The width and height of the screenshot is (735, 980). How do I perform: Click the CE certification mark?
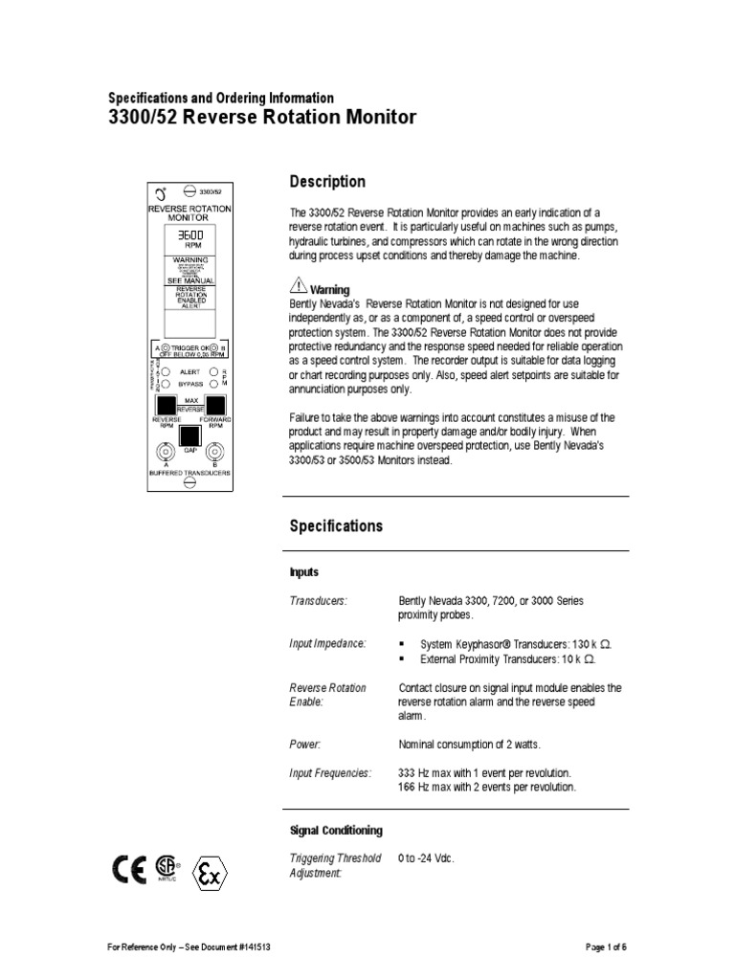click(x=130, y=868)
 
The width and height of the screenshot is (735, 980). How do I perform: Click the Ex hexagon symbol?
click(x=211, y=873)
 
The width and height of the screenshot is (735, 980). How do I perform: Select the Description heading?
click(x=327, y=182)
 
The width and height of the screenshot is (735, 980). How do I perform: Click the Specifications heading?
click(x=336, y=525)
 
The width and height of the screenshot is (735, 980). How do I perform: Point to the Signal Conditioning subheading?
click(x=335, y=830)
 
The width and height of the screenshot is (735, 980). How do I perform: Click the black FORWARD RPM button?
click(x=215, y=404)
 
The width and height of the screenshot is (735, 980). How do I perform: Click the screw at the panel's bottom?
click(x=190, y=484)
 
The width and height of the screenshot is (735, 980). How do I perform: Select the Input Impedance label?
click(x=327, y=643)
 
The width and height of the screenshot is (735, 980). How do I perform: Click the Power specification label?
click(x=305, y=743)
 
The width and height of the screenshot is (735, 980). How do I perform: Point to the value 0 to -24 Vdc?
click(x=426, y=857)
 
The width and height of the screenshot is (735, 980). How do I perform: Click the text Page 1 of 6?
click(x=606, y=947)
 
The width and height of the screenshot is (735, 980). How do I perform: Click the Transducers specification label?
click(x=318, y=600)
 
